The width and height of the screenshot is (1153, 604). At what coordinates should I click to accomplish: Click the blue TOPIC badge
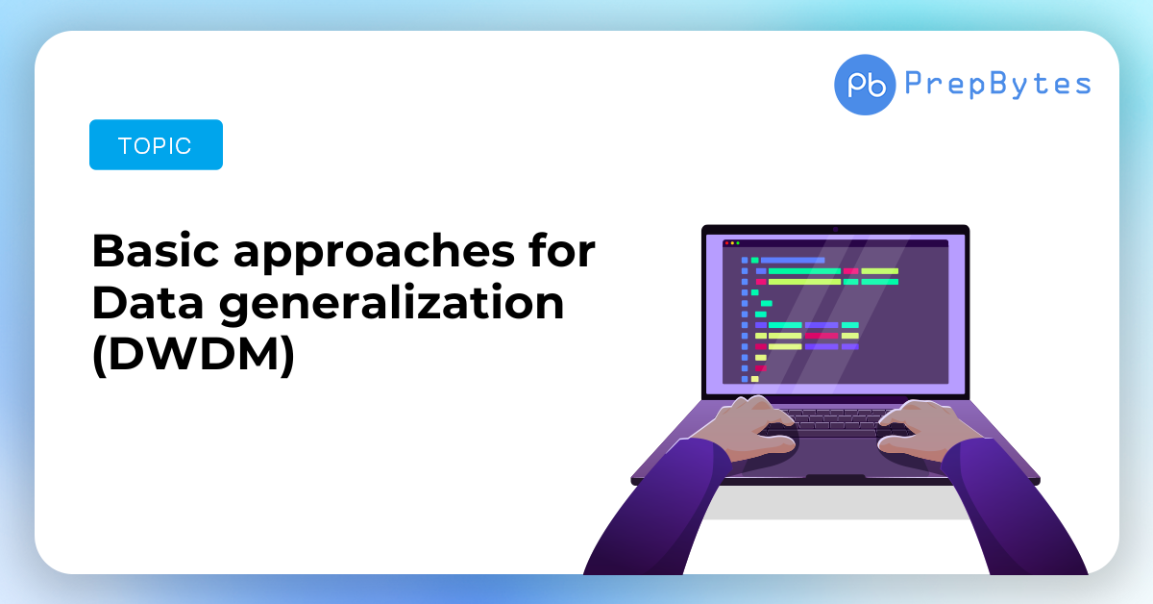tap(156, 145)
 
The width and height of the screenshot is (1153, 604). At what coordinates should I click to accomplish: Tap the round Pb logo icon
tap(865, 85)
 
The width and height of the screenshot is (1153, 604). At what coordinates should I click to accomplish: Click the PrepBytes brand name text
tap(997, 84)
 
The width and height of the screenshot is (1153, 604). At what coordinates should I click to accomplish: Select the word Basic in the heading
tap(156, 251)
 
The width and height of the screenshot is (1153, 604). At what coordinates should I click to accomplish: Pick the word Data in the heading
tap(148, 303)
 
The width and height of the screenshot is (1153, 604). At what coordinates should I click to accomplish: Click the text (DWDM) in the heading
tap(193, 355)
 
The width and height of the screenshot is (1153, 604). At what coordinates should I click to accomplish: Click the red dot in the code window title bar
tap(726, 242)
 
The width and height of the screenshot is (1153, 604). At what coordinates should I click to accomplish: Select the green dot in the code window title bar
tap(738, 242)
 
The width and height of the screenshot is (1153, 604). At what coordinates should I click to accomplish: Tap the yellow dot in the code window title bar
tap(732, 242)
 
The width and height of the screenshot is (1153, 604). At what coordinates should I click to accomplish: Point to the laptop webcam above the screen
tap(835, 230)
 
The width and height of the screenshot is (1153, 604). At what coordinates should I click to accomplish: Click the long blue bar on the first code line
tap(793, 261)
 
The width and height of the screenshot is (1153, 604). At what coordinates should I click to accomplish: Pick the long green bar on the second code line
tap(804, 271)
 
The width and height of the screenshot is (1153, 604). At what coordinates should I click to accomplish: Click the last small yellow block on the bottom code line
tap(754, 379)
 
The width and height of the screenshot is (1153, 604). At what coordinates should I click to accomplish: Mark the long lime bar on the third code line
tap(804, 282)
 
